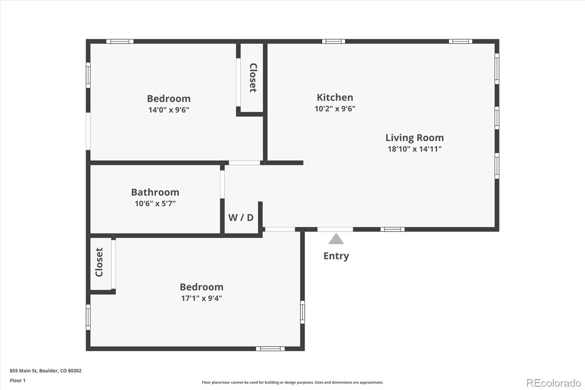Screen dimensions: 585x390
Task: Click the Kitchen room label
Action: (335, 97)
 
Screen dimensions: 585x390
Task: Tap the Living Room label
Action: (415, 138)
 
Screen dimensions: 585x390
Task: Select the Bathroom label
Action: (155, 192)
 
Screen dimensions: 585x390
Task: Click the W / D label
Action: (241, 217)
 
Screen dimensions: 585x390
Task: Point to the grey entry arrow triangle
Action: (336, 239)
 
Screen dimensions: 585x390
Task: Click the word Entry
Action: (336, 256)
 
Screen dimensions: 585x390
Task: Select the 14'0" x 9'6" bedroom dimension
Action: (169, 110)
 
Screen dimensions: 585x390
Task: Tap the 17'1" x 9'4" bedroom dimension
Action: (201, 298)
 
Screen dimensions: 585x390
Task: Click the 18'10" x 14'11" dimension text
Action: (415, 149)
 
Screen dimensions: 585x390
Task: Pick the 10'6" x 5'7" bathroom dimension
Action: (155, 203)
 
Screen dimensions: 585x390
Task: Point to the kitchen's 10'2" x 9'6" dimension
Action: (335, 109)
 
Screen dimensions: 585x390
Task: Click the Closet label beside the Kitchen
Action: (253, 78)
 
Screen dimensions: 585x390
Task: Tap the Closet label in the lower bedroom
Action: (99, 262)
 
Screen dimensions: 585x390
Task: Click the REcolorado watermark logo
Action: (554, 383)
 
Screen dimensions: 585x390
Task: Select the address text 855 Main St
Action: (24, 371)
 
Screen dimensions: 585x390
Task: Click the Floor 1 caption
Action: (18, 380)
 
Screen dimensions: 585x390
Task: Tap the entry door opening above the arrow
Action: (335, 229)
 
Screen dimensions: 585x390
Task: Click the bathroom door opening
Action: (222, 184)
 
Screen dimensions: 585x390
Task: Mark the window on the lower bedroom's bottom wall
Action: (270, 349)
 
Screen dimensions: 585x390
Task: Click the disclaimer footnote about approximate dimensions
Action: (292, 382)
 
